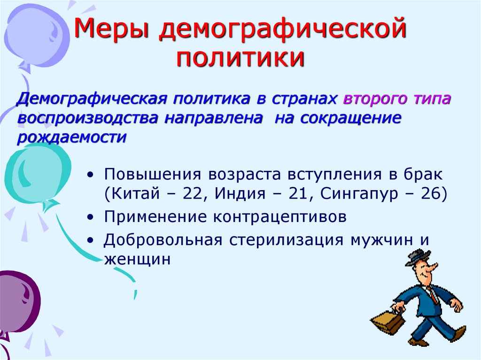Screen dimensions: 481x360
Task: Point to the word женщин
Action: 136,259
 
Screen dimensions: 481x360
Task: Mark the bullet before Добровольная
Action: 91,240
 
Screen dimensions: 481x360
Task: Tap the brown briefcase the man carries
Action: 389,322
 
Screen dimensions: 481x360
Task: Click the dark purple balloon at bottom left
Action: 16,300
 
